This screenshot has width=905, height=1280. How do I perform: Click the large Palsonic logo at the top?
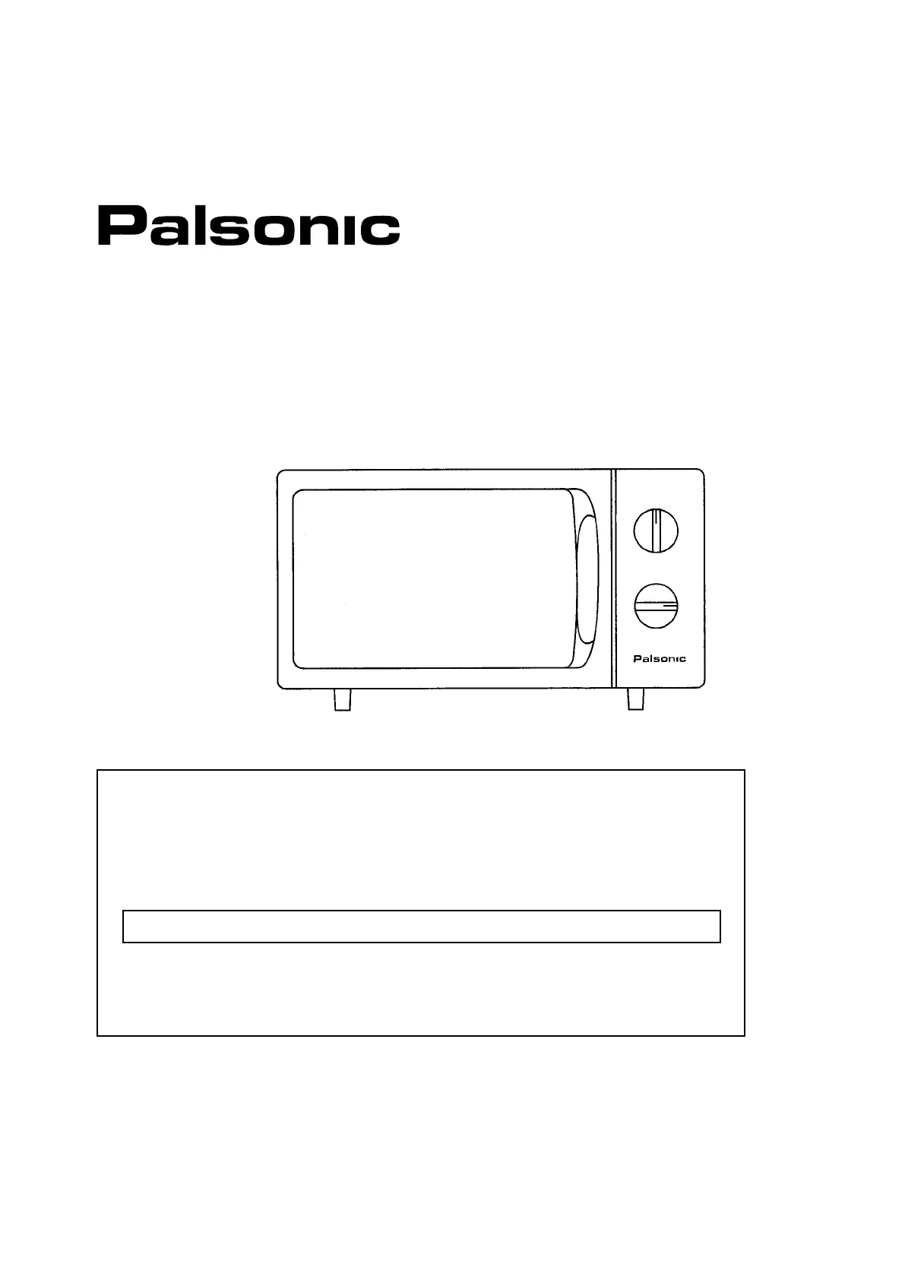pyautogui.click(x=248, y=226)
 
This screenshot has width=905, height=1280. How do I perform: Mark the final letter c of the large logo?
pyautogui.click(x=377, y=230)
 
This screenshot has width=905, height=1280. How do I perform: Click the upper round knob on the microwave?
pyautogui.click(x=656, y=530)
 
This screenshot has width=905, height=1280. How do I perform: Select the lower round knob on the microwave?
pyautogui.click(x=656, y=607)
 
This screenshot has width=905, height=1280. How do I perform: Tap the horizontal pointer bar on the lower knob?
pyautogui.click(x=656, y=607)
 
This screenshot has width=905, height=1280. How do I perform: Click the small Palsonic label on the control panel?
pyautogui.click(x=659, y=659)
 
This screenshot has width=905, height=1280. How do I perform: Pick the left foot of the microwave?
pyautogui.click(x=343, y=700)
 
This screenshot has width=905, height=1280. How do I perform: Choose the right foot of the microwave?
pyautogui.click(x=636, y=700)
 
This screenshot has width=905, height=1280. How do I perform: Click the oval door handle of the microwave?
pyautogui.click(x=587, y=579)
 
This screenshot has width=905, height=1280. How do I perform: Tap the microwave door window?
pyautogui.click(x=432, y=579)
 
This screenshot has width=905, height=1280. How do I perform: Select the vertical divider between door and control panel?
pyautogui.click(x=613, y=579)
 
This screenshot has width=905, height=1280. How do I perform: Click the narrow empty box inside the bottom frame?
pyautogui.click(x=421, y=926)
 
